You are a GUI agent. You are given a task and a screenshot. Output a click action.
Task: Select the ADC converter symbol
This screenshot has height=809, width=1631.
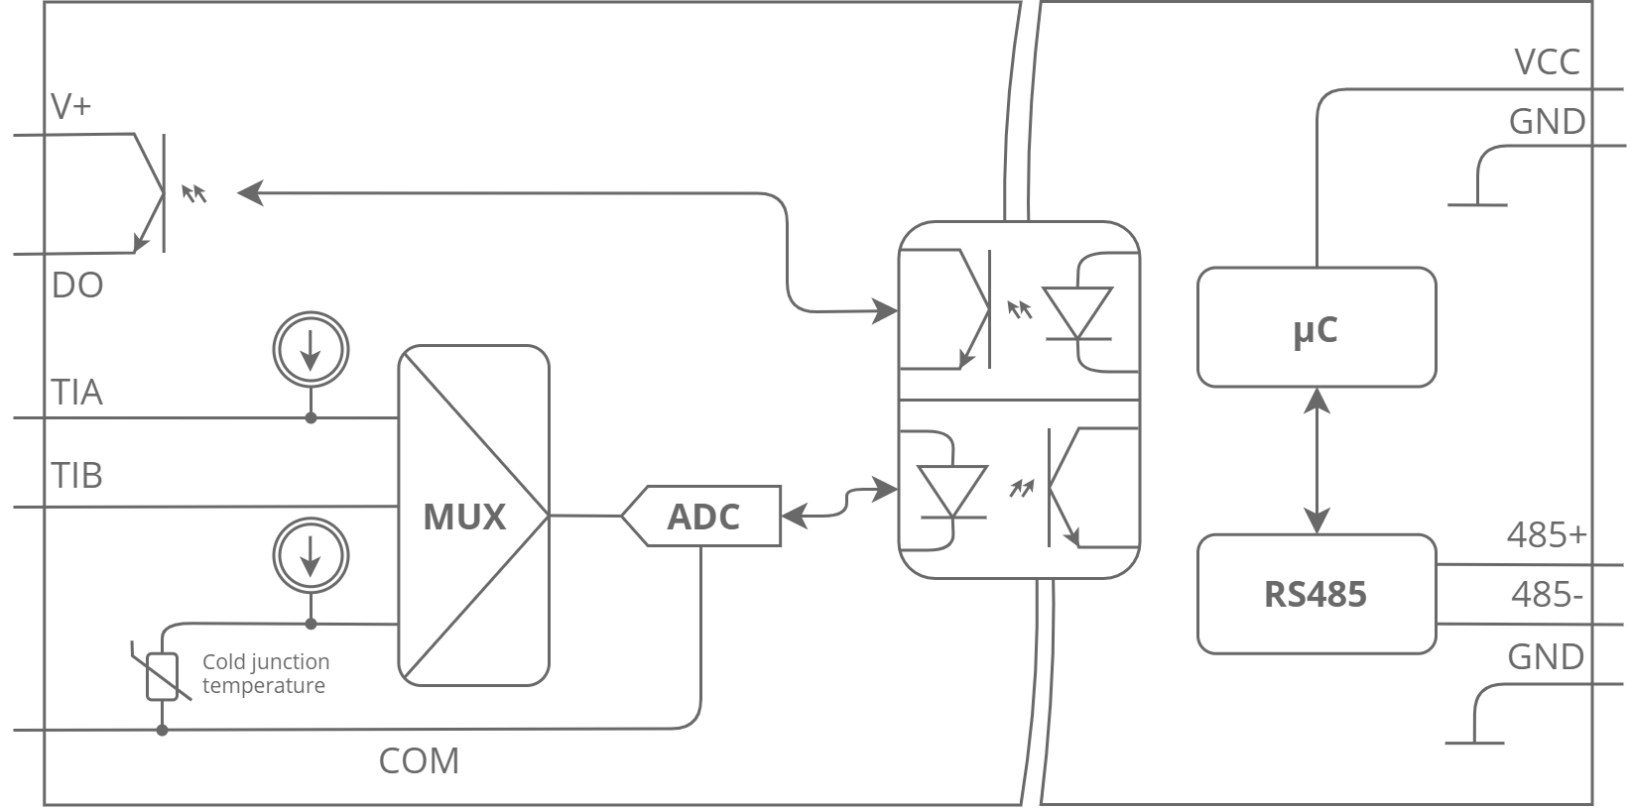coord(703,516)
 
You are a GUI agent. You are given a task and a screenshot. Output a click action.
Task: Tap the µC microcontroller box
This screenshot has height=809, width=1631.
coord(1316,327)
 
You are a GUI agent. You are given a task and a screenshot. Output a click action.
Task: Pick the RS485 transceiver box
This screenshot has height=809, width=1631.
coord(1316,594)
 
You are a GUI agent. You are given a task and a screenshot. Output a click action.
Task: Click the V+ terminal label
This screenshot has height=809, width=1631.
coord(71,106)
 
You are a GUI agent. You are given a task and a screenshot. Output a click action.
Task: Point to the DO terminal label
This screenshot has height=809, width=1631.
coord(77,287)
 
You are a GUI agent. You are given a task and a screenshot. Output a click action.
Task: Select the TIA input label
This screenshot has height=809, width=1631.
coord(77,393)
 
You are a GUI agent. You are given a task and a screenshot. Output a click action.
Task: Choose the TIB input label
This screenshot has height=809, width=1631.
coord(77,476)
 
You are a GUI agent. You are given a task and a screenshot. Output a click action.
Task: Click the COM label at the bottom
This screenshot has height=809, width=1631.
coord(419,761)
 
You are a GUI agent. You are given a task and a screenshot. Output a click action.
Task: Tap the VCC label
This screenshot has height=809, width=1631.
coord(1546,62)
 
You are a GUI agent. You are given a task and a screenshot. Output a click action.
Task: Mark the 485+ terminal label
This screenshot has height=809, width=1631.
coord(1546,535)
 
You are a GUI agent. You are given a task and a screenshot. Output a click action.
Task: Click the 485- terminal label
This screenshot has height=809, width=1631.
coord(1546,595)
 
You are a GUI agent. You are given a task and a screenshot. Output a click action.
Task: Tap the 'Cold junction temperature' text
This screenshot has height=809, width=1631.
coord(265,674)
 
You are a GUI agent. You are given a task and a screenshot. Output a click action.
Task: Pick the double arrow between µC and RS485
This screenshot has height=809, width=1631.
coord(1317,460)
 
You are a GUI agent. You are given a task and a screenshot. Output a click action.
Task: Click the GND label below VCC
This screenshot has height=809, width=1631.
coord(1546,122)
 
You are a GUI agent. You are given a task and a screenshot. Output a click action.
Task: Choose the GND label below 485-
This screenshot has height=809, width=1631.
coord(1545,657)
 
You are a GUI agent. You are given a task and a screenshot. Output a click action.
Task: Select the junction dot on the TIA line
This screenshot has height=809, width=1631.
coord(311,418)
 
